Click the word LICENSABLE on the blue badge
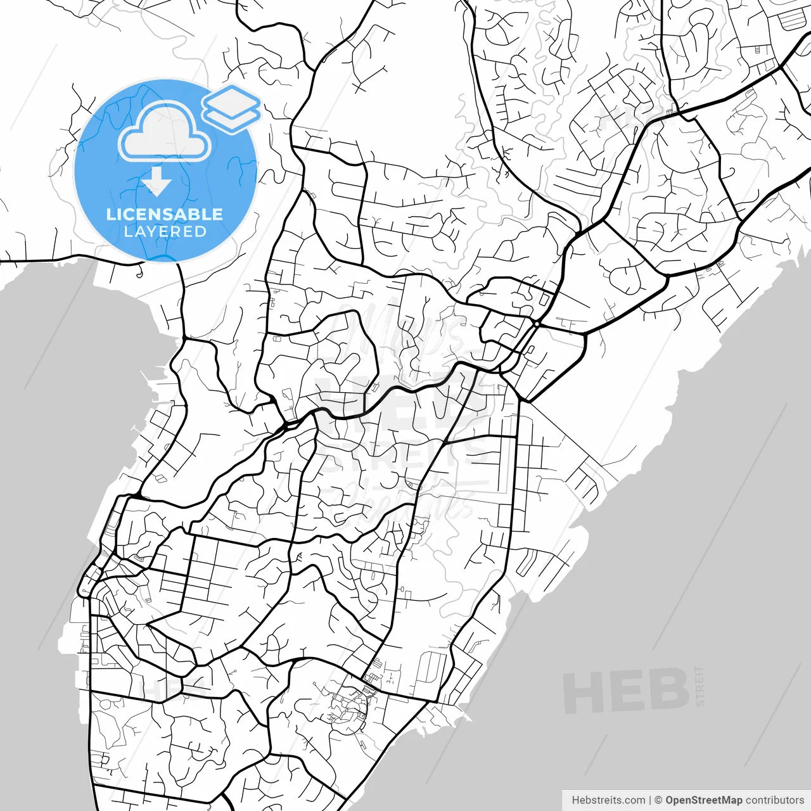[165, 214]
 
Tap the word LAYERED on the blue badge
[165, 232]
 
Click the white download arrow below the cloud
[156, 182]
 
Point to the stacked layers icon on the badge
[231, 108]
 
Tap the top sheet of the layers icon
[231, 99]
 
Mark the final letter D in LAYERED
[200, 232]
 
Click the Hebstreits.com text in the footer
[608, 800]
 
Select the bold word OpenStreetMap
[703, 800]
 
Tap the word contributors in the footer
[774, 800]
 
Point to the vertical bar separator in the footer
[650, 800]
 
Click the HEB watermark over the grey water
[626, 691]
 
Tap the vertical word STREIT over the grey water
[699, 686]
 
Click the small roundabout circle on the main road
[537, 324]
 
